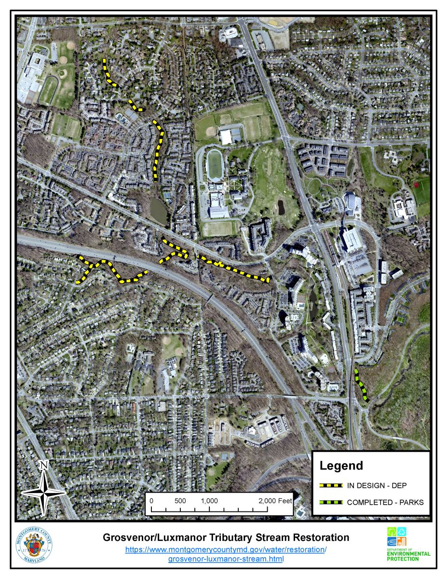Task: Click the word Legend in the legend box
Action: [341, 466]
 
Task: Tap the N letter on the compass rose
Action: [44, 466]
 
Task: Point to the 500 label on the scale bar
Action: [180, 500]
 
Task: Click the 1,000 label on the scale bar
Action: [209, 500]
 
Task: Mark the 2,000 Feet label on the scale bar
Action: [275, 500]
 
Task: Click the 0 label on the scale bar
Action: [151, 500]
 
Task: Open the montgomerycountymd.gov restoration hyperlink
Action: [226, 550]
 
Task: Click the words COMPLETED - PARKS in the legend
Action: [385, 502]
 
